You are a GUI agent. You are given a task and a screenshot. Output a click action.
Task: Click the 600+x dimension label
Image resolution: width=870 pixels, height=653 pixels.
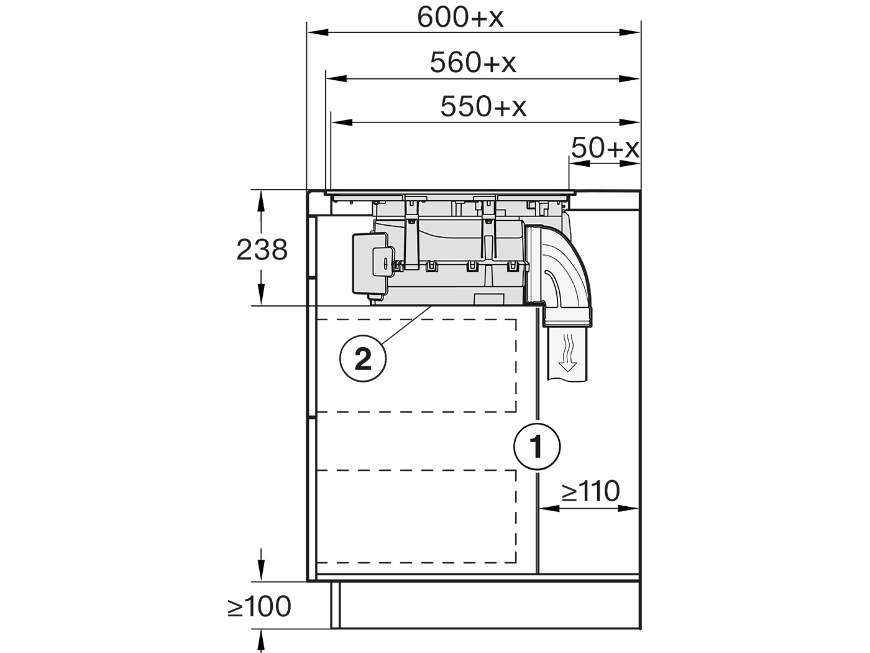pyautogui.click(x=460, y=18)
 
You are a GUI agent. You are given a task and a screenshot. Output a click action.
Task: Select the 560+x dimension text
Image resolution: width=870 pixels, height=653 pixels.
pyautogui.click(x=473, y=63)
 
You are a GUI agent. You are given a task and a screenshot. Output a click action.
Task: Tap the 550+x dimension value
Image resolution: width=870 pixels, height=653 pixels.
pyautogui.click(x=483, y=107)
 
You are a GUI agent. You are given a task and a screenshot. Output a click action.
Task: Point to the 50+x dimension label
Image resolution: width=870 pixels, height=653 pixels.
pyautogui.click(x=605, y=148)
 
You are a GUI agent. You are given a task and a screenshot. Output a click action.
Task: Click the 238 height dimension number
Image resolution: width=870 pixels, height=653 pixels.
pyautogui.click(x=262, y=250)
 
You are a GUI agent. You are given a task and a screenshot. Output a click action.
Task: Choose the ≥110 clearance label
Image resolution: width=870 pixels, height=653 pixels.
pyautogui.click(x=590, y=491)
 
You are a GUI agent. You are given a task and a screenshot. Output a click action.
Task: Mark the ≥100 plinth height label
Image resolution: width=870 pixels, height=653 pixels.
pyautogui.click(x=260, y=606)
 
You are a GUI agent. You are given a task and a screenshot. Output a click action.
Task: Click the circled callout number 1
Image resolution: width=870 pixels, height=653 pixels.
pyautogui.click(x=537, y=447)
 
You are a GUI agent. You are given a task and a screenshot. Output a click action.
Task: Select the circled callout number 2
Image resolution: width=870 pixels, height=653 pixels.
pyautogui.click(x=363, y=358)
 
